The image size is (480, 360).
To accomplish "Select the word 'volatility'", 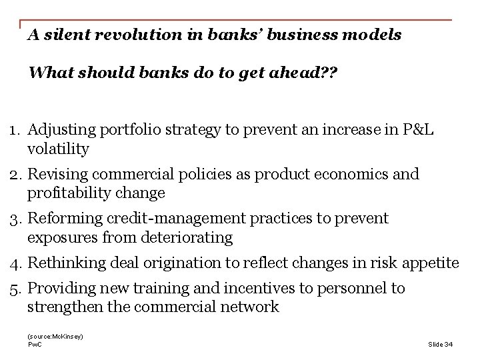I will click(x=59, y=149).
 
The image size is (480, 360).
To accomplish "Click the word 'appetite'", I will click(x=431, y=263).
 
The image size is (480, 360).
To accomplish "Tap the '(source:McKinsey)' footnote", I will click(x=55, y=337).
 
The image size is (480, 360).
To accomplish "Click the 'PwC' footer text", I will click(x=34, y=344).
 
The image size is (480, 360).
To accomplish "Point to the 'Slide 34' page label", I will click(x=439, y=344).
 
